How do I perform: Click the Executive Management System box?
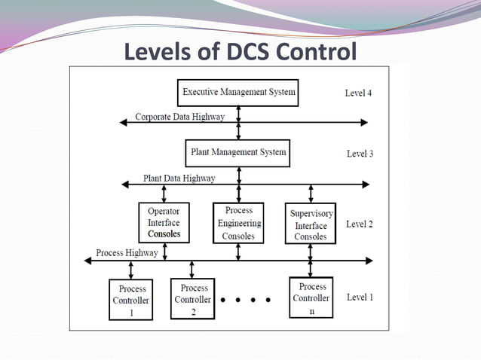click(x=239, y=93)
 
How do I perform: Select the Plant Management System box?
click(x=238, y=153)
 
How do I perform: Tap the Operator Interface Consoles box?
click(x=164, y=224)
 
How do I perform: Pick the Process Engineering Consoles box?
click(x=238, y=223)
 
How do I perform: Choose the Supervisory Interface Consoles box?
click(x=310, y=224)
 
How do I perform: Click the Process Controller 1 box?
click(x=132, y=300)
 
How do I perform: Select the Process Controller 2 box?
click(x=194, y=298)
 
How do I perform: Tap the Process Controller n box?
click(x=311, y=297)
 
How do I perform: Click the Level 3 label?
click(x=360, y=154)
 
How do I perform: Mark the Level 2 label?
click(x=360, y=224)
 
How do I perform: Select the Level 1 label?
click(x=360, y=297)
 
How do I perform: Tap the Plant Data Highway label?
click(x=179, y=178)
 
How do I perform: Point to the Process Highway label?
click(x=127, y=253)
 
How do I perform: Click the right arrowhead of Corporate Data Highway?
click(x=365, y=122)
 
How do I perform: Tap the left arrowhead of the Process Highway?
click(x=88, y=261)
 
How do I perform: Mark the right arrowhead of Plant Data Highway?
click(x=366, y=184)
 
